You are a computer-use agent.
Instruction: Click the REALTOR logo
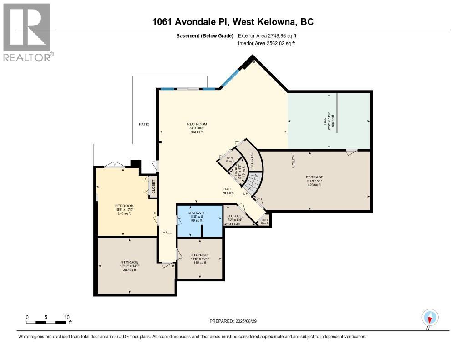[27, 32]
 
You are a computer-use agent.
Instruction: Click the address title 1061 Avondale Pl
[233, 22]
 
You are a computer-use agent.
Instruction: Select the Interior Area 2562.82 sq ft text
[267, 43]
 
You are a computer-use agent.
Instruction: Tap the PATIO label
[144, 124]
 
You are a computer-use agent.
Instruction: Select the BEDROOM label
[124, 206]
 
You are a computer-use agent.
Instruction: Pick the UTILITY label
[294, 162]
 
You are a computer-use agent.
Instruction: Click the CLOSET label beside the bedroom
[153, 187]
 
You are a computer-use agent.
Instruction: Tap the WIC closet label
[230, 158]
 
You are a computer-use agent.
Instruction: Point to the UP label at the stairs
[245, 193]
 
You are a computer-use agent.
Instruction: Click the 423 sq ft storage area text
[314, 185]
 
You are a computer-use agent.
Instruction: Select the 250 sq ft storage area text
[130, 270]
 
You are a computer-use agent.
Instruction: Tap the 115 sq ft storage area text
[200, 263]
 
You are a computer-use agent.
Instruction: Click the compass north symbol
[430, 317]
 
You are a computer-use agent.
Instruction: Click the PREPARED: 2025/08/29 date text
[236, 321]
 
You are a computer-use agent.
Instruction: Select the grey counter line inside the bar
[337, 112]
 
